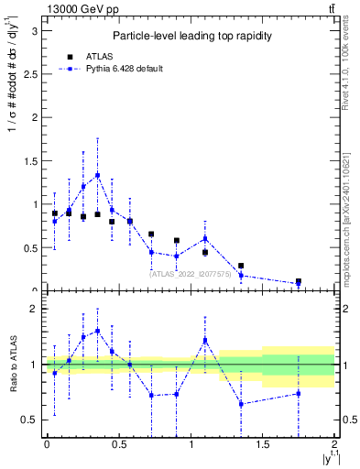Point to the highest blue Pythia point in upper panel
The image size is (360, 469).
click(x=97, y=175)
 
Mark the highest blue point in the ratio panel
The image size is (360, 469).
click(x=97, y=331)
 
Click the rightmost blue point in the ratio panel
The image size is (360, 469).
click(x=299, y=394)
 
